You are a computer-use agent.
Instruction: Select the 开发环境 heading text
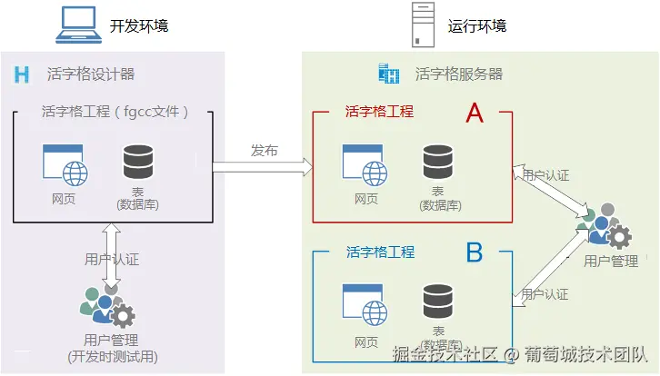139,25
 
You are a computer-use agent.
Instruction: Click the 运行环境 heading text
477,25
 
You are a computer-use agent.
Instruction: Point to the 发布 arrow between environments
262,167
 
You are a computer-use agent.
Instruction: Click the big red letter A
475,114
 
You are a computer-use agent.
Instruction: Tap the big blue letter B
475,252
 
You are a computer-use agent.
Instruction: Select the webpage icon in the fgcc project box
64,165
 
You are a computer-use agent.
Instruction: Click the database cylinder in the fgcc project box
137,161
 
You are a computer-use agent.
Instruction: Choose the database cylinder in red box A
437,161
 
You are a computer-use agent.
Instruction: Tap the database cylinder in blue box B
437,301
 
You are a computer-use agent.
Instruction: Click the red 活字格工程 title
379,112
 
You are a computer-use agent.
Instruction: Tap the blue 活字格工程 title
380,252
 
